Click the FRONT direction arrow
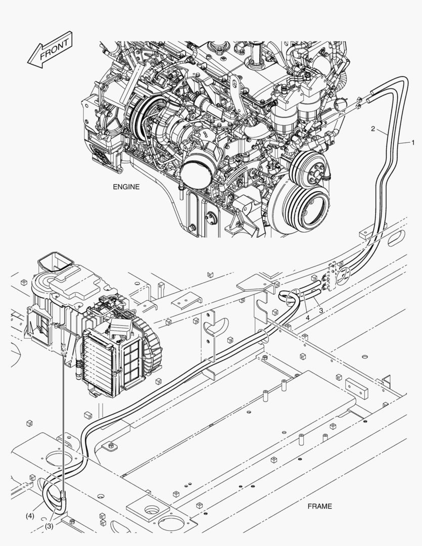pos(50,50)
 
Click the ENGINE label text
pos(126,187)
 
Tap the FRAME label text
pos(319,506)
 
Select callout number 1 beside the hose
pos(413,142)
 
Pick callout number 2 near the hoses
pos(373,129)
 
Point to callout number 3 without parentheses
pos(321,310)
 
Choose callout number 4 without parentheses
pos(307,317)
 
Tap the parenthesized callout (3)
pos(49,526)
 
